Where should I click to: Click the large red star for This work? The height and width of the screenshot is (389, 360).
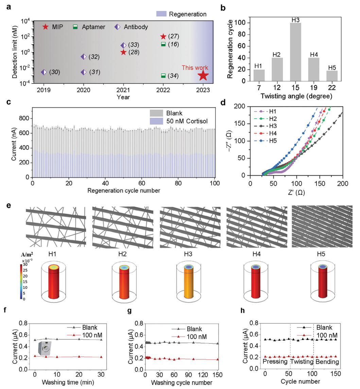click(x=203, y=75)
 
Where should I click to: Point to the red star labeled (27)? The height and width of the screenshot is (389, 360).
click(x=163, y=36)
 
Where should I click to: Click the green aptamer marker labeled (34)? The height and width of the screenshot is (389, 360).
click(x=163, y=75)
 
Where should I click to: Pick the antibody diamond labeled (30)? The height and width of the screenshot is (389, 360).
click(x=44, y=72)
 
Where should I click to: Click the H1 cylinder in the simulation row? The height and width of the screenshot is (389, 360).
click(x=53, y=281)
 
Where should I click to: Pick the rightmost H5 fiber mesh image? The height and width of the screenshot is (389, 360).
click(x=322, y=226)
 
